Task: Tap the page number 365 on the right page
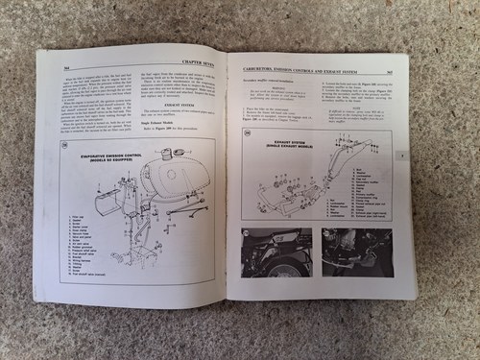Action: coord(392,71)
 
